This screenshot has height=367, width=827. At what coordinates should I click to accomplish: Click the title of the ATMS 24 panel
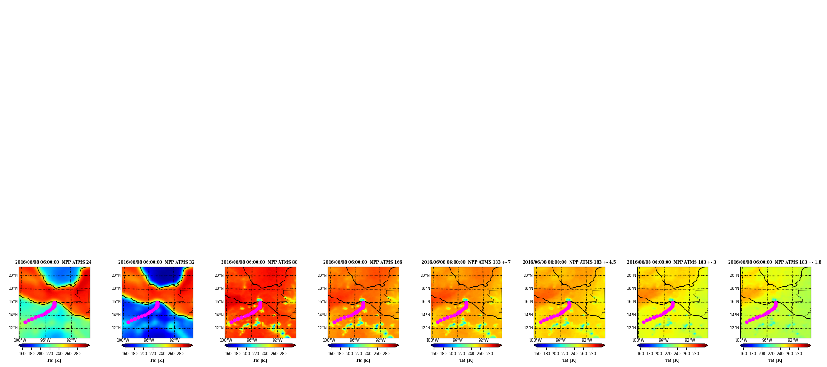(x=53, y=262)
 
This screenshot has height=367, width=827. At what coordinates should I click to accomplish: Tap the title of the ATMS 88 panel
(x=259, y=262)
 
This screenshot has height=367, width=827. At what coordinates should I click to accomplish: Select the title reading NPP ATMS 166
(x=363, y=262)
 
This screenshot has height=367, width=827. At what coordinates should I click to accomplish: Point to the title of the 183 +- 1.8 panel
(x=775, y=262)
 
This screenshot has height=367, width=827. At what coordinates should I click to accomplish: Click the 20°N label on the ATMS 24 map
(x=13, y=275)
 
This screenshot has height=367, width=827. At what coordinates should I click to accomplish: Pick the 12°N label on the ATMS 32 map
(x=116, y=328)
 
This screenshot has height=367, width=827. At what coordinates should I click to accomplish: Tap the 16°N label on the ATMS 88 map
(x=219, y=302)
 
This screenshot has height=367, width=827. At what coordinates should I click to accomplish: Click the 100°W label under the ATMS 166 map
(x=329, y=340)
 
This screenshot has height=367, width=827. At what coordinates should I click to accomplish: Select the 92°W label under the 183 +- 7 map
(x=484, y=340)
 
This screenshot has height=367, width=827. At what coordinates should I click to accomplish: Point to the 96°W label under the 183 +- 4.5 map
(x=561, y=340)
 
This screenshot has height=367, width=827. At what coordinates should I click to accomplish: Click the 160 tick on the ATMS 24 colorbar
(x=22, y=354)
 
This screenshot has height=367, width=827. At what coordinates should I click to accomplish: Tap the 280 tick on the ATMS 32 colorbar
(x=180, y=354)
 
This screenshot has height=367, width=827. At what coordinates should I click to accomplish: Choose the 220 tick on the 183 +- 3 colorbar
(x=668, y=354)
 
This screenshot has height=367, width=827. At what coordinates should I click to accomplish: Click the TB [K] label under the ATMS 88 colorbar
(x=260, y=361)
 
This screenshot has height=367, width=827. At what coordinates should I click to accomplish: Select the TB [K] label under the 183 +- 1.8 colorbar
(x=775, y=361)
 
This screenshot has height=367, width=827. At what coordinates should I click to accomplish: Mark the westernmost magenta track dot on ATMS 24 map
(x=25, y=322)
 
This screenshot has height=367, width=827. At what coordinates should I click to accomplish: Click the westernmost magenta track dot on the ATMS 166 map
(x=334, y=322)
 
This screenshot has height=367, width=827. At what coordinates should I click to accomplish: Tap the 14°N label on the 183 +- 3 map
(x=632, y=315)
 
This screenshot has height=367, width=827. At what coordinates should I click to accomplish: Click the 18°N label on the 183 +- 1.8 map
(x=735, y=288)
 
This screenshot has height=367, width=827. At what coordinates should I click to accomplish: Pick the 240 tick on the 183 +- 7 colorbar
(x=471, y=354)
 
